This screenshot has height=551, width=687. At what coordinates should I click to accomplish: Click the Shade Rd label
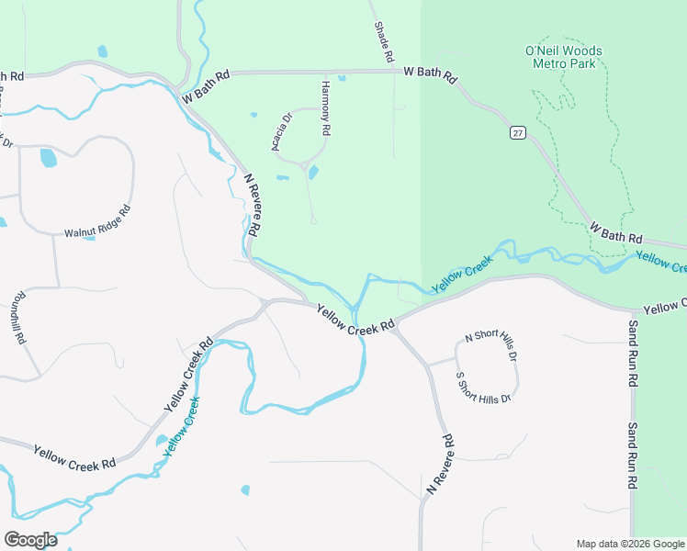(x=383, y=43)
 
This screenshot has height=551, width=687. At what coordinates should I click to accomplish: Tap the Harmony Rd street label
(x=325, y=108)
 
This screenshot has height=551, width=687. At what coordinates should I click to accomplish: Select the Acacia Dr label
(x=281, y=131)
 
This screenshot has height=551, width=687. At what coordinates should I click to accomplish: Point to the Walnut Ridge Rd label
(x=97, y=221)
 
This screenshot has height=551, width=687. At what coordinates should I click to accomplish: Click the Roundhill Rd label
(x=19, y=319)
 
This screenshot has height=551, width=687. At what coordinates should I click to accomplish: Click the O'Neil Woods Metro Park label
(x=564, y=57)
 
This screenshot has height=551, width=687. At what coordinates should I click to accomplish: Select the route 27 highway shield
(x=517, y=133)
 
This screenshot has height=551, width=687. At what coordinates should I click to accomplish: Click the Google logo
(x=30, y=540)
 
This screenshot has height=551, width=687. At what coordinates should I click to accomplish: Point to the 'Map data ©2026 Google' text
(x=630, y=544)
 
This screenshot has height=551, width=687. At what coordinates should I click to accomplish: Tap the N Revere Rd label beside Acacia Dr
(x=255, y=203)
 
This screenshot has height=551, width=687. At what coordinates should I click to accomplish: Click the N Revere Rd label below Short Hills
(x=442, y=466)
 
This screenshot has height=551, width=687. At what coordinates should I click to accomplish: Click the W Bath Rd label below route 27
(x=615, y=231)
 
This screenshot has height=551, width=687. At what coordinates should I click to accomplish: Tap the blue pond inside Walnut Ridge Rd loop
(x=48, y=158)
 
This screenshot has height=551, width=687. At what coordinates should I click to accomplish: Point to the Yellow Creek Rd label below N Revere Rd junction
(x=355, y=319)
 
